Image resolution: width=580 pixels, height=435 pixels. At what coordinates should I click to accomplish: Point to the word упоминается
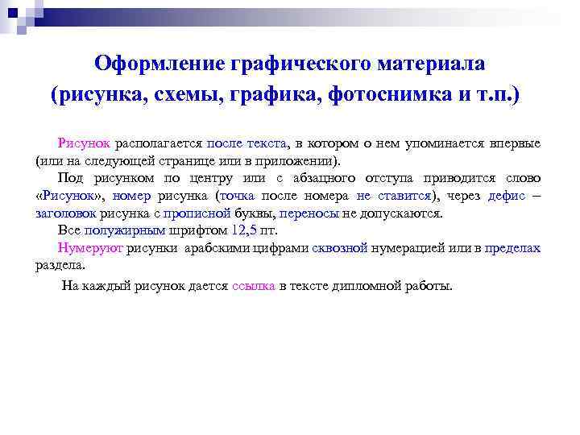coord(419,143)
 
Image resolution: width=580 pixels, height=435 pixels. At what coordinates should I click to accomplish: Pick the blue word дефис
coord(507,196)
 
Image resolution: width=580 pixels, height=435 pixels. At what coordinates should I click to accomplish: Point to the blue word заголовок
coord(66,213)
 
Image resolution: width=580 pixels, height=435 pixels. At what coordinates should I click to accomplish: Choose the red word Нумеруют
coord(90,249)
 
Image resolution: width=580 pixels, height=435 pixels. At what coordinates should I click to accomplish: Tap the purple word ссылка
coord(254,286)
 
